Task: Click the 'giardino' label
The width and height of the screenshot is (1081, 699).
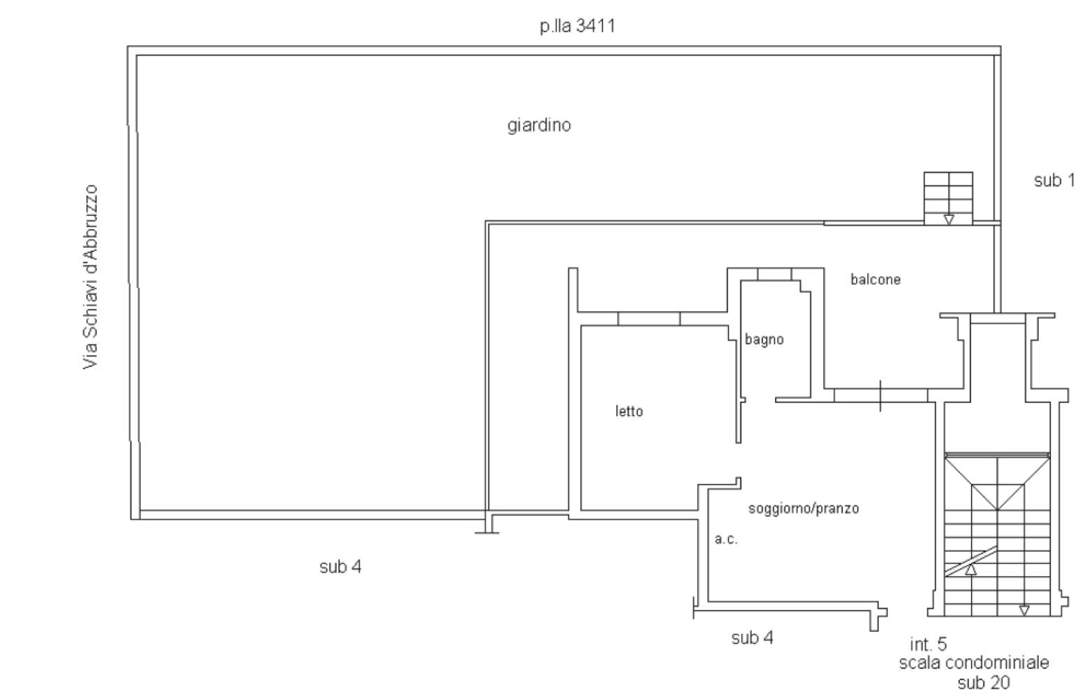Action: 538,125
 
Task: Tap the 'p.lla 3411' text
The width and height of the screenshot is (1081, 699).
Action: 577,26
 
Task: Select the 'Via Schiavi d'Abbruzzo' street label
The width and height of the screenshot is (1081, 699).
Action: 90,277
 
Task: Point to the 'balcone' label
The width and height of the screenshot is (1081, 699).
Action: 875,279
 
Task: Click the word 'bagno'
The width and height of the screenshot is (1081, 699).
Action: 764,340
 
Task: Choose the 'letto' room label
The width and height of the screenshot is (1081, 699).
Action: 629,411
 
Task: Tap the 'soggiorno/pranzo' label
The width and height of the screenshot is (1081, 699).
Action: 804,508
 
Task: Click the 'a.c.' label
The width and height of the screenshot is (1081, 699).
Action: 726,539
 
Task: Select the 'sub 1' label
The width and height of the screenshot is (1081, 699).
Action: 1054,181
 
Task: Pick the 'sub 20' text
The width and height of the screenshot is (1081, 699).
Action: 984,683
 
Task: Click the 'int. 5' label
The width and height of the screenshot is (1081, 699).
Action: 928,644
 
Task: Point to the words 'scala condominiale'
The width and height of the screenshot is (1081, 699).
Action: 974,663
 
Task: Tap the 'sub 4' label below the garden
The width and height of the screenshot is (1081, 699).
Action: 340,567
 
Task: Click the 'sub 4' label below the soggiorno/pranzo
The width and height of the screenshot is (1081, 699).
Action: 753,637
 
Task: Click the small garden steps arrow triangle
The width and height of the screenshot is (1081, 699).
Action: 949,220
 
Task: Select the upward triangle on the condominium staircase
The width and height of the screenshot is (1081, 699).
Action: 971,569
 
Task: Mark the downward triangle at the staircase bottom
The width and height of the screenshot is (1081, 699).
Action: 1024,611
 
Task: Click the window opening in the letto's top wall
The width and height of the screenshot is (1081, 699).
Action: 649,319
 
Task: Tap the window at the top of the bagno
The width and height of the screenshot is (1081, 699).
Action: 774,274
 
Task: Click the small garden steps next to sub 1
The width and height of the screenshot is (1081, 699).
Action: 948,198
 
